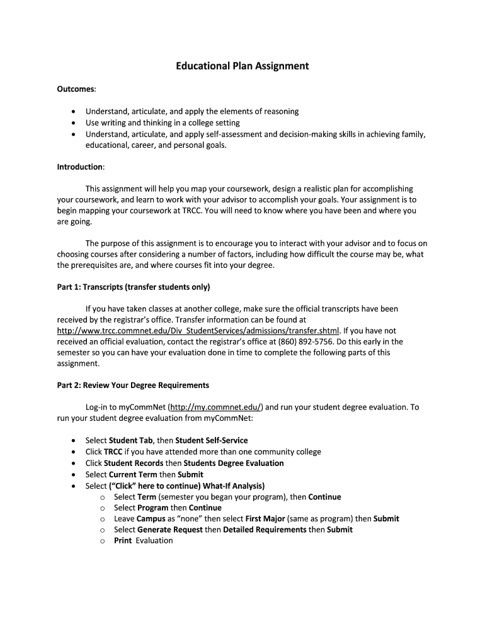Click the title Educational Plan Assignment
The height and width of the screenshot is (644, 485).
[243, 66]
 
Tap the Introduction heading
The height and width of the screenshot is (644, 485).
[81, 167]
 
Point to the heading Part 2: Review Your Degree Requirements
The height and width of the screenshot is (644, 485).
[133, 385]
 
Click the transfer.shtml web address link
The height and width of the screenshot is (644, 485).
[198, 331]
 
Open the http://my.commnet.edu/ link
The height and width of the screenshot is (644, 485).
[217, 408]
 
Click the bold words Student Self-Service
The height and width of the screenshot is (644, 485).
[212, 441]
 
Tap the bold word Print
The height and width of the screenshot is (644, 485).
[123, 541]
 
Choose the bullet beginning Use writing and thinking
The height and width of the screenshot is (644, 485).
[163, 123]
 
